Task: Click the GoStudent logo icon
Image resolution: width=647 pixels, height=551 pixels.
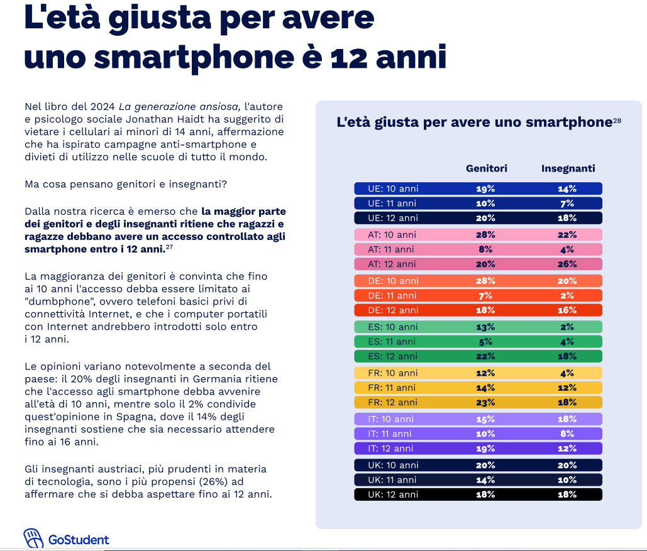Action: [34, 538]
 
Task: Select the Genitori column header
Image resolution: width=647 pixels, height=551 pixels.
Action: [486, 168]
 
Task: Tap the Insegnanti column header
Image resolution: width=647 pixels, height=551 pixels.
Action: [568, 168]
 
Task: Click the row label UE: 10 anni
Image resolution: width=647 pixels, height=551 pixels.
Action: [394, 188]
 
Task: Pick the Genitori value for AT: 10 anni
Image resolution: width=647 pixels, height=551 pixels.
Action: [486, 234]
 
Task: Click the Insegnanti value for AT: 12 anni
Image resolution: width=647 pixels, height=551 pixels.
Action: [568, 264]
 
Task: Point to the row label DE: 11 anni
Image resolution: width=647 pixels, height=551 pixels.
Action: [392, 295]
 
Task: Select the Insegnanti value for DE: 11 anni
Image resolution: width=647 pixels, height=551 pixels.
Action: [568, 295]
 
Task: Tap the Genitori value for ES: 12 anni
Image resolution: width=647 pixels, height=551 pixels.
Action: [486, 356]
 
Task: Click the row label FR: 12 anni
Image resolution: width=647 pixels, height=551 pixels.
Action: [393, 402]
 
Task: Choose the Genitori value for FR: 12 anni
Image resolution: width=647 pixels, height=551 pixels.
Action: [486, 402]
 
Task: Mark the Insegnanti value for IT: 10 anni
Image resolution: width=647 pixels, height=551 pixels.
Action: [568, 419]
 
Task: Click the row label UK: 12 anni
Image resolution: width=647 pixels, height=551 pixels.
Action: [393, 494]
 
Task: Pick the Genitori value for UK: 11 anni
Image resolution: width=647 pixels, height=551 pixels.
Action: [486, 479]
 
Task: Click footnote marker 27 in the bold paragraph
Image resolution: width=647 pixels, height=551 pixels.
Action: [169, 247]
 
